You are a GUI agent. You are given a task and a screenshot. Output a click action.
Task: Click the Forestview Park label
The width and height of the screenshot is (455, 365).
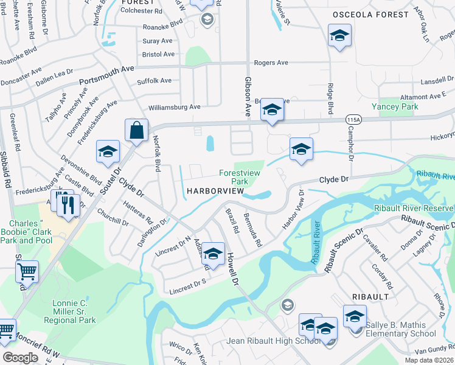(240, 177)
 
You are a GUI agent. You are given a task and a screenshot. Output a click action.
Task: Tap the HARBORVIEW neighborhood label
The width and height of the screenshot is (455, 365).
(215, 191)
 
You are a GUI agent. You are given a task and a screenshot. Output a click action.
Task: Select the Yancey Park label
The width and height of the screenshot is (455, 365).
(398, 106)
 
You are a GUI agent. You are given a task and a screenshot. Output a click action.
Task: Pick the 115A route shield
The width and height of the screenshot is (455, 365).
(353, 119)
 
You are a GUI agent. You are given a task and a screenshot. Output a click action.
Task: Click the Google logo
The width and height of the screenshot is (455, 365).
(20, 358)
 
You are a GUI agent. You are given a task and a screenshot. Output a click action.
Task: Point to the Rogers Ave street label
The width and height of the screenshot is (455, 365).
(271, 63)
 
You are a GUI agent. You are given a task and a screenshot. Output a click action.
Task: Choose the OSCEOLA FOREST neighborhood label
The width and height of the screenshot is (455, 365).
(370, 14)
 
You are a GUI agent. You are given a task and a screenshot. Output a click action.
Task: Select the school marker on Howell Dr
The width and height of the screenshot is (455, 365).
(213, 253)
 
